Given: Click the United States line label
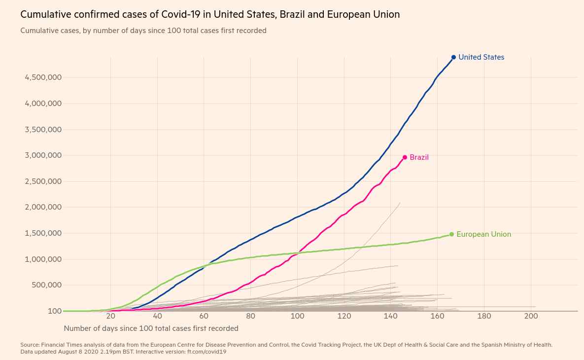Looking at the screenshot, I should pyautogui.click(x=481, y=57).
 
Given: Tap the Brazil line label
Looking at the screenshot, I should pyautogui.click(x=419, y=157).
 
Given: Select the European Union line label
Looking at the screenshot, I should pyautogui.click(x=483, y=234).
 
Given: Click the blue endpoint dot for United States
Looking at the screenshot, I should pyautogui.click(x=453, y=57).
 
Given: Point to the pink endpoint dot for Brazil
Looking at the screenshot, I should pyautogui.click(x=405, y=157).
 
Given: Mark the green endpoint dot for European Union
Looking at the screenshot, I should pyautogui.click(x=451, y=234).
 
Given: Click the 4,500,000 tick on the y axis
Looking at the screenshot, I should pyautogui.click(x=43, y=77).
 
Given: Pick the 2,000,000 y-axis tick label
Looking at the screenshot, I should pyautogui.click(x=43, y=207).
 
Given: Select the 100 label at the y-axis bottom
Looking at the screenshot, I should pyautogui.click(x=55, y=311).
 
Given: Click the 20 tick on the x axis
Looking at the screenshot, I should pyautogui.click(x=110, y=316).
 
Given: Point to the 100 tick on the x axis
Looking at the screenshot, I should pyautogui.click(x=297, y=316).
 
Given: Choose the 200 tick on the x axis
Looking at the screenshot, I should pyautogui.click(x=531, y=316).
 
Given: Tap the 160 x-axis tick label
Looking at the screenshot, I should pyautogui.click(x=437, y=316).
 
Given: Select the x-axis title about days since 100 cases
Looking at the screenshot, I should pyautogui.click(x=151, y=328).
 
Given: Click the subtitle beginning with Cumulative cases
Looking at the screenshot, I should pyautogui.click(x=143, y=31).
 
